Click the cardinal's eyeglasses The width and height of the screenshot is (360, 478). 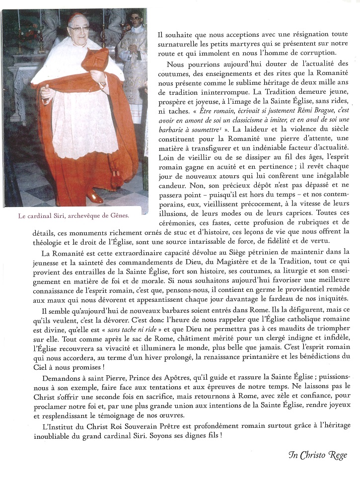coord(79,28)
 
